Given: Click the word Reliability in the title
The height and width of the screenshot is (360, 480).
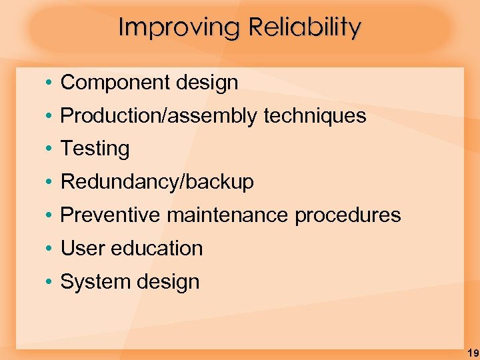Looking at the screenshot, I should (x=305, y=28).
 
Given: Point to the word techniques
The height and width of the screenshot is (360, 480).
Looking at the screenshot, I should (x=315, y=116).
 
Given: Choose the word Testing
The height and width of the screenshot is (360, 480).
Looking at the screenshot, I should (x=95, y=149).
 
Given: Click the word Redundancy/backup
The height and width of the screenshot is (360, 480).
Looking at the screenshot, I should (x=157, y=182).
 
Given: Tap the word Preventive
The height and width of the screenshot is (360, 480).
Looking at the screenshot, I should (x=111, y=215).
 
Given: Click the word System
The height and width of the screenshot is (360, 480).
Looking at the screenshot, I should (x=91, y=281).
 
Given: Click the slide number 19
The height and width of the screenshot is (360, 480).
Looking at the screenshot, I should (x=472, y=353).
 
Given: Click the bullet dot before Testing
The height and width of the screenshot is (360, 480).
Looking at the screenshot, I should (x=50, y=149).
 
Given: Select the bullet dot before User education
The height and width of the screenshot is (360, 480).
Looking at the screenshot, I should (x=50, y=248).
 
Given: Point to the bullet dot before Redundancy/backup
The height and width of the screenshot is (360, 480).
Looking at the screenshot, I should (x=50, y=182).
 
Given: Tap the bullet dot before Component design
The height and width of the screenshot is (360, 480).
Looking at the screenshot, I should (x=50, y=83).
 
